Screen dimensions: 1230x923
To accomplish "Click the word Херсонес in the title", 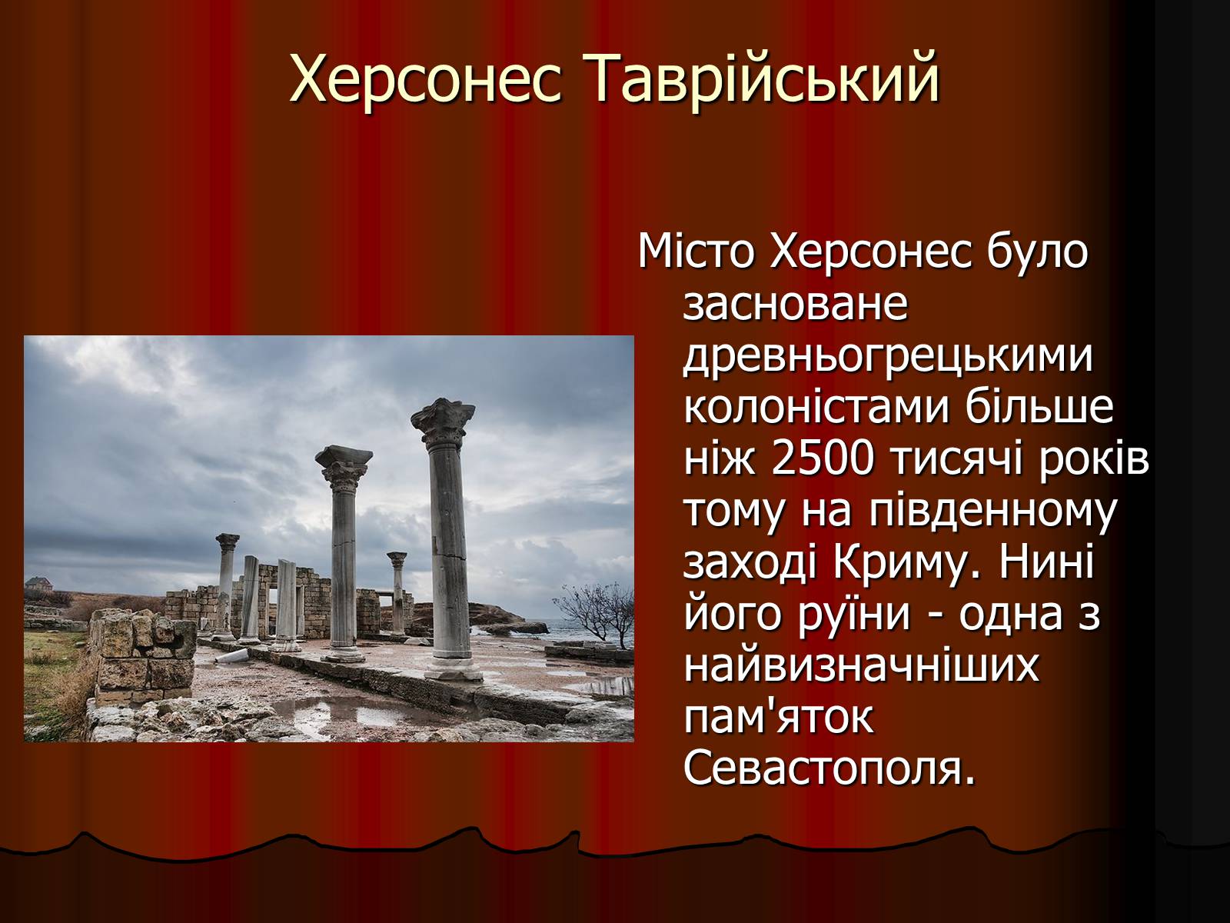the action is pos(425,79).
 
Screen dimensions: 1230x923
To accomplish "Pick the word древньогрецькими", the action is pos(888,358).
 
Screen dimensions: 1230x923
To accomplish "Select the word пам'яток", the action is pos(778,718).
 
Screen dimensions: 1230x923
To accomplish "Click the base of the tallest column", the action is pos(453,668).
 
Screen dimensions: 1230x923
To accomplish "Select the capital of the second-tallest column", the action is pos(343,466).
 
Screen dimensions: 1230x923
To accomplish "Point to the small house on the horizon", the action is pos(38,584).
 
